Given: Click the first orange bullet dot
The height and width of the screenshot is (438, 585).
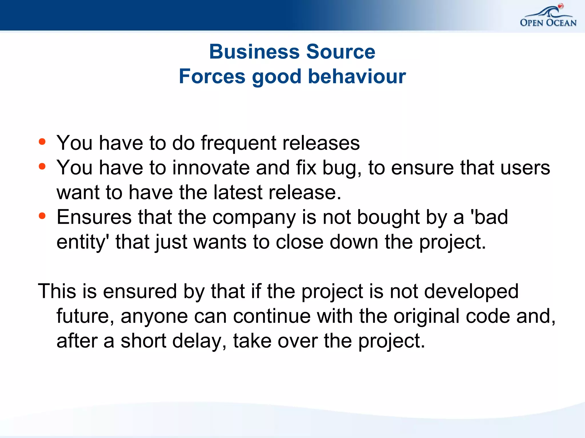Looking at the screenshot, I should click(42, 142).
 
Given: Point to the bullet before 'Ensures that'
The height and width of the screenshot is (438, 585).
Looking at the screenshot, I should click(42, 216).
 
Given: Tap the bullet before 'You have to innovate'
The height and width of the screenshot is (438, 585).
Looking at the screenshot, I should click(42, 166).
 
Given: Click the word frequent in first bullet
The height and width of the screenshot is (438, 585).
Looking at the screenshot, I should click(239, 143).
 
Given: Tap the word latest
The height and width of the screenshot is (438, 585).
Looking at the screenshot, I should click(238, 193).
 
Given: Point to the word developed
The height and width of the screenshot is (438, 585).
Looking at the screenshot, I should click(471, 292).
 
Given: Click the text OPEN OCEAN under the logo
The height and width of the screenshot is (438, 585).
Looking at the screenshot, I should click(548, 23).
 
